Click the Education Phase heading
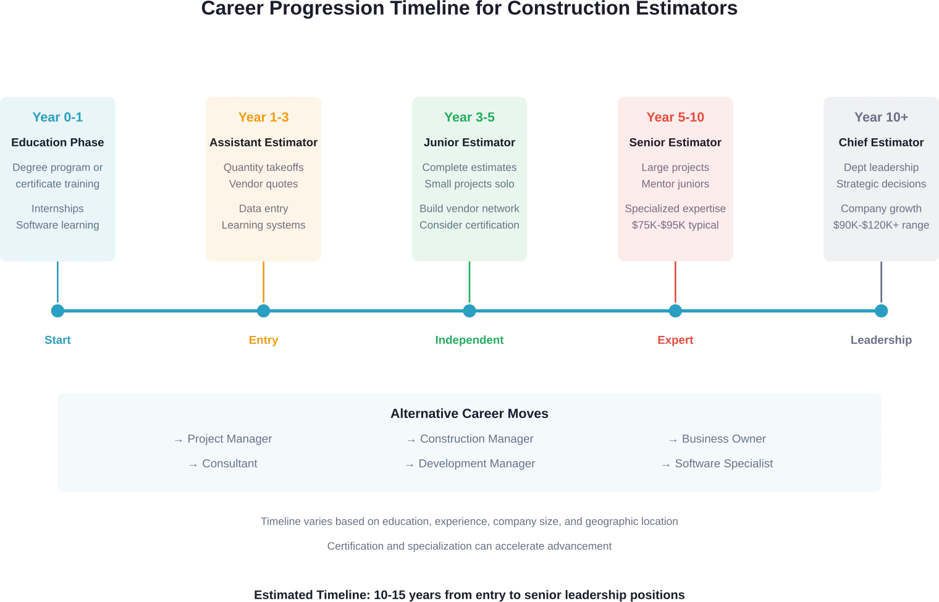(57, 142)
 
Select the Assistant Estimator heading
(263, 142)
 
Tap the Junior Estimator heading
(469, 142)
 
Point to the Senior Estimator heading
(675, 142)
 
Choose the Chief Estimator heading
(881, 142)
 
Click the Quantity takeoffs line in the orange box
(263, 167)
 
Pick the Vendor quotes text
(263, 184)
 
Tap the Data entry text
(263, 209)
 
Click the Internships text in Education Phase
(57, 209)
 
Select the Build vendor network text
(469, 209)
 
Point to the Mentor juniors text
(675, 184)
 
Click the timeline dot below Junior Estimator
(469, 311)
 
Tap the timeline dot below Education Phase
(57, 311)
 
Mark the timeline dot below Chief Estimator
(881, 311)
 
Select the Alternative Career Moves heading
(469, 414)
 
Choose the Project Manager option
(229, 439)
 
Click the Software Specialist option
(723, 464)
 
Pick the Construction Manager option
(476, 439)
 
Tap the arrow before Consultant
(193, 464)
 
